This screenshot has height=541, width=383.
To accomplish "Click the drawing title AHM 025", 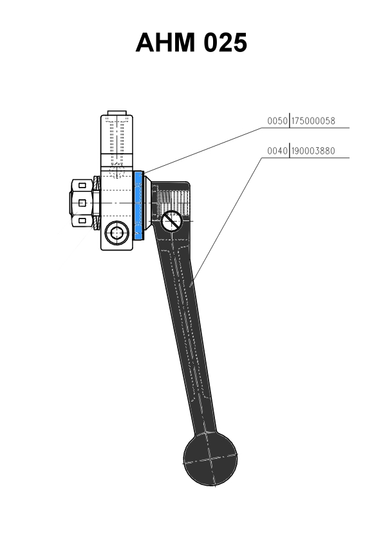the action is (x=191, y=42).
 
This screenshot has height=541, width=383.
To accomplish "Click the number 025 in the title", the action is (x=225, y=42).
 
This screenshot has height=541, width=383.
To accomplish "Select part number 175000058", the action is (x=313, y=121).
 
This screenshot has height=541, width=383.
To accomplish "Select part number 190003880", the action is (x=313, y=151).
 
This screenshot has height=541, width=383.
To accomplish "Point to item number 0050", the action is (x=277, y=121).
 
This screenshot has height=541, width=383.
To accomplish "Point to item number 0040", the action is (x=277, y=151).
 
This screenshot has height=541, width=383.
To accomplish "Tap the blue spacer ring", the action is (x=138, y=206).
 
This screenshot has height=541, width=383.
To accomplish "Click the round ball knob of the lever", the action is (x=210, y=459).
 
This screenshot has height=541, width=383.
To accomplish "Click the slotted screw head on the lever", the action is (x=171, y=221).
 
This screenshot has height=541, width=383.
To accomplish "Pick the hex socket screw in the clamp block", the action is (x=117, y=233).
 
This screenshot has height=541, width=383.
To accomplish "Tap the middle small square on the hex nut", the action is (x=82, y=203).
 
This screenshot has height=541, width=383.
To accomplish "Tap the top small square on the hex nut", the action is (x=82, y=185).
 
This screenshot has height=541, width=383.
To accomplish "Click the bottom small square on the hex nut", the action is (x=82, y=220).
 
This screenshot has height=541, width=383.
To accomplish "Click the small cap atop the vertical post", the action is (x=117, y=113).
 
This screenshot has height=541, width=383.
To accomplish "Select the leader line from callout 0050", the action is (x=202, y=150).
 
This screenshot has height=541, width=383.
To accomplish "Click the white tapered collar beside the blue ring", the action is (x=147, y=204).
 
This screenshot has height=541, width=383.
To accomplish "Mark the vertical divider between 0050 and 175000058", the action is (x=289, y=120).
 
